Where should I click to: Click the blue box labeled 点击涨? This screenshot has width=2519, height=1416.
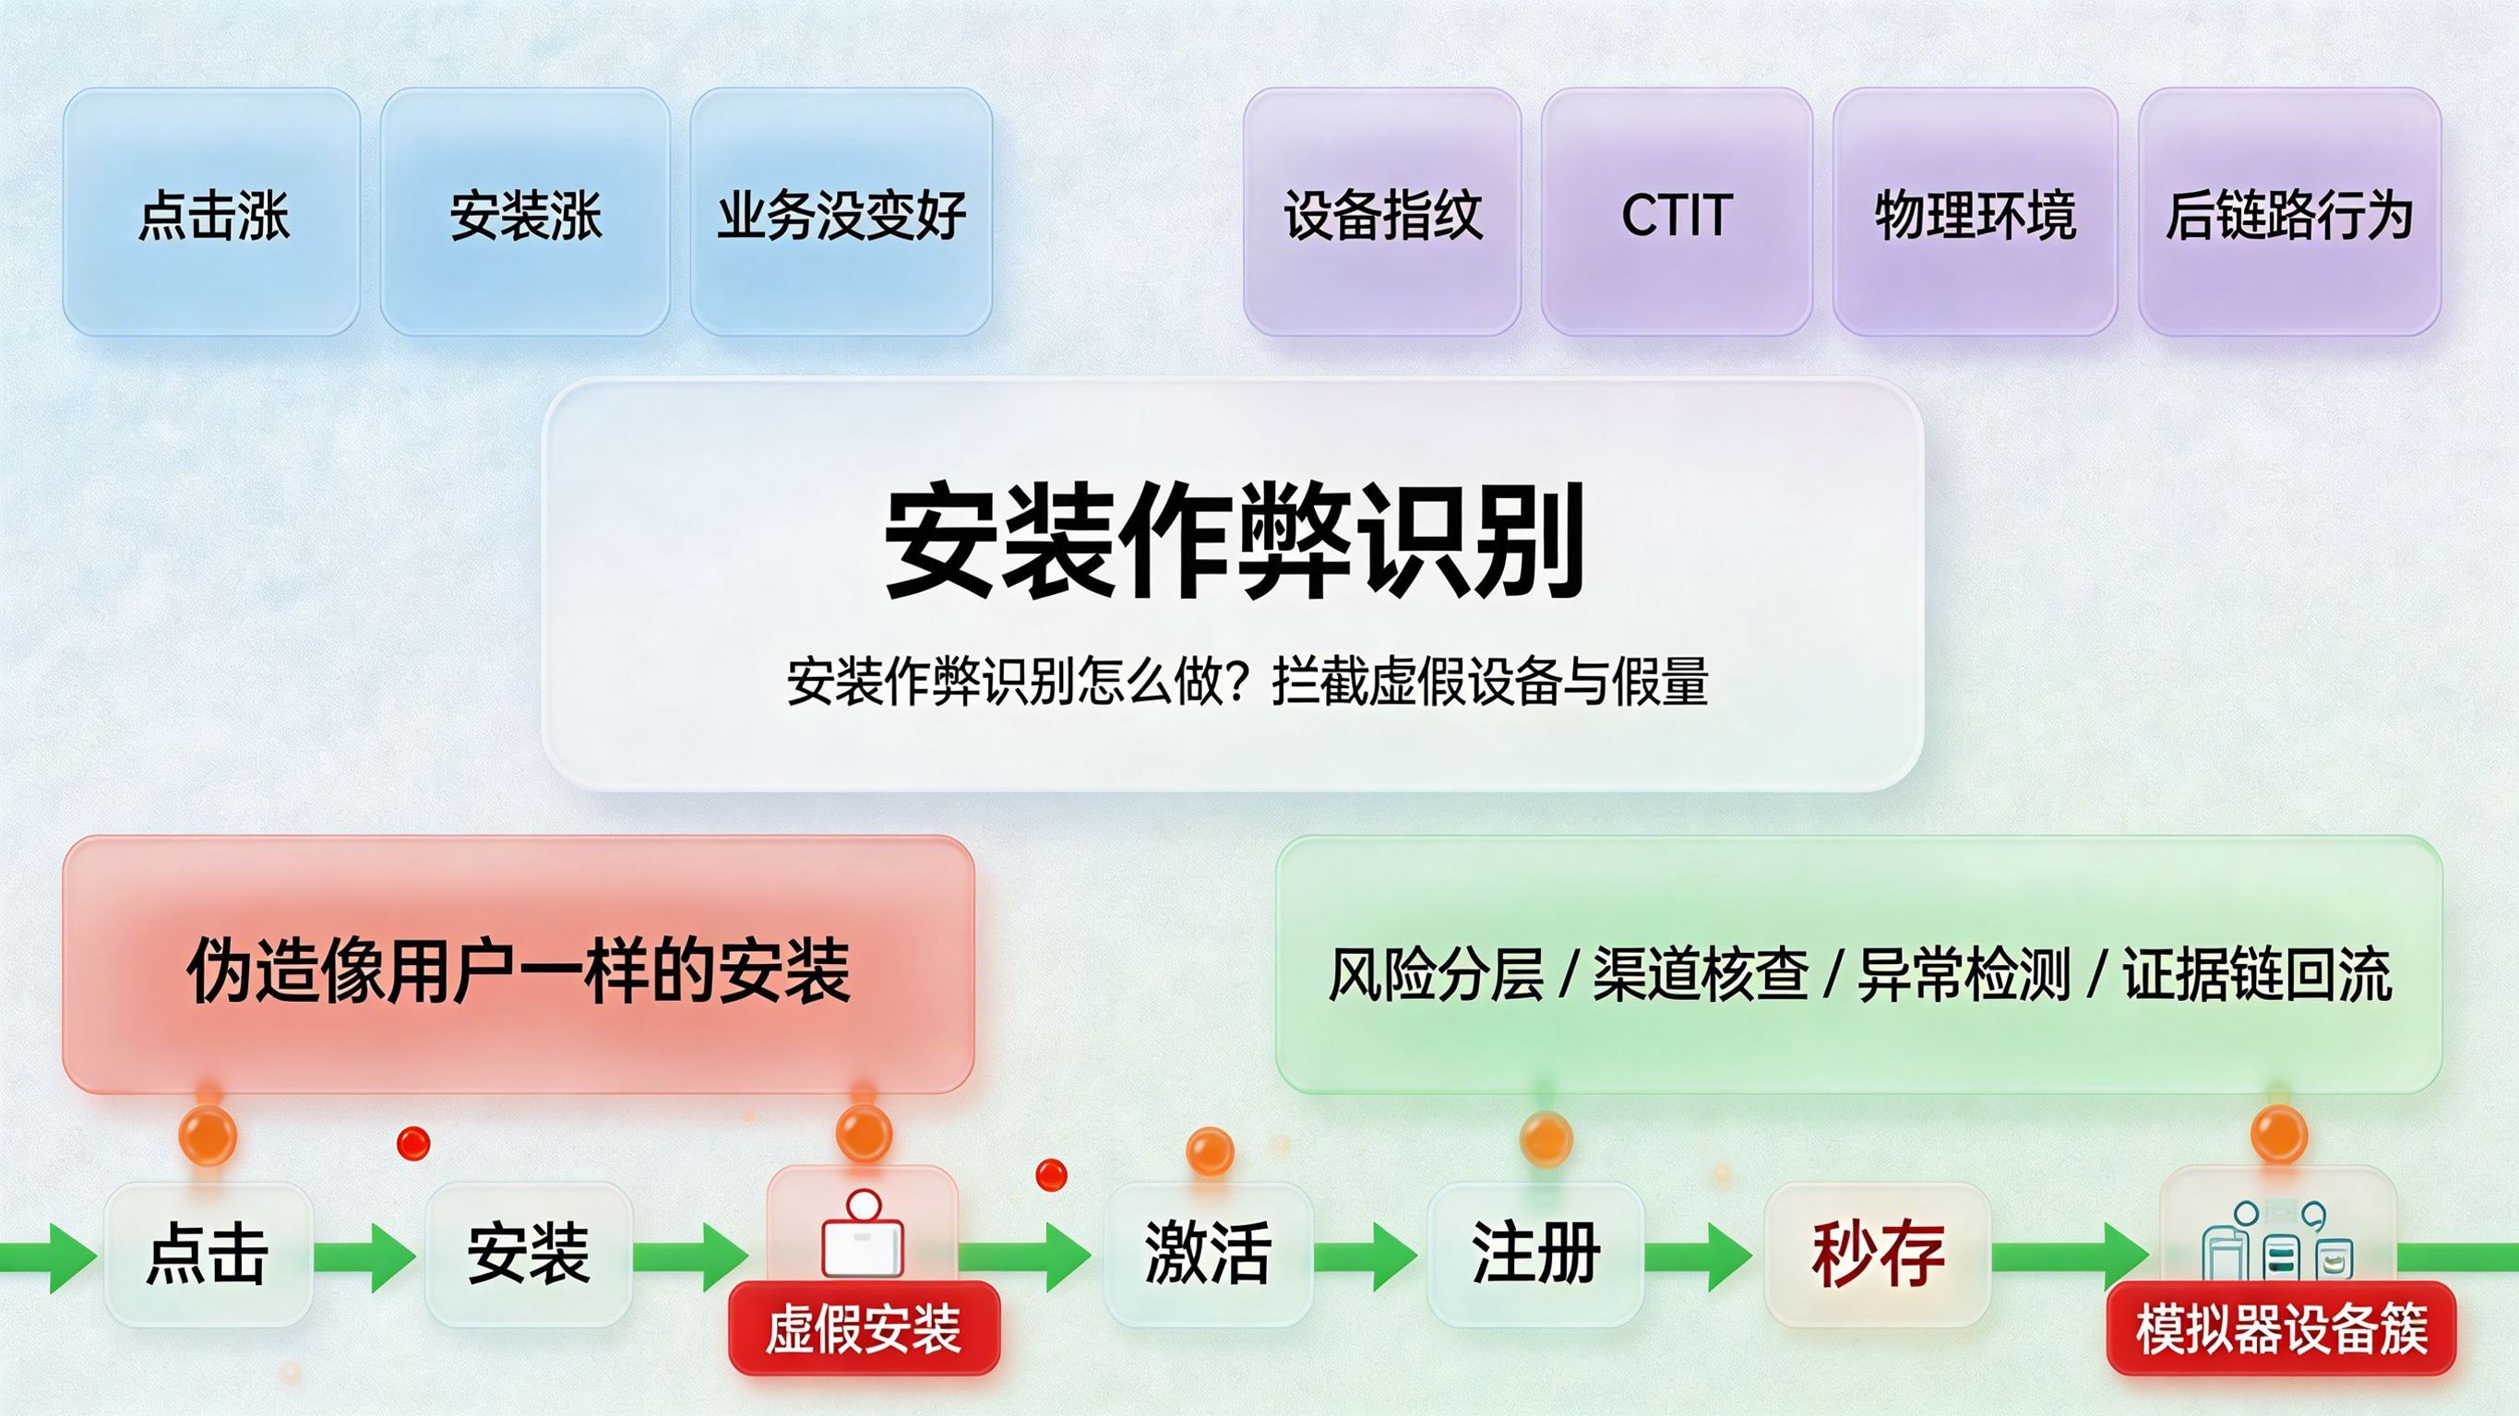[x=211, y=212]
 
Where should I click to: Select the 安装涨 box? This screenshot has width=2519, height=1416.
[x=525, y=212]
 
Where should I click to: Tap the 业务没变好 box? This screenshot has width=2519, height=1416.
[x=841, y=212]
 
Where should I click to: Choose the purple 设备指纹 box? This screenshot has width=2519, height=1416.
[x=1381, y=212]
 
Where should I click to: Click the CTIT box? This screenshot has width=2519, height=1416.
[x=1676, y=212]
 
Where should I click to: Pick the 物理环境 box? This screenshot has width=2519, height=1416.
[x=1975, y=212]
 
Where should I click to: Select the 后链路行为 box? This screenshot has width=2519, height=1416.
[x=2289, y=212]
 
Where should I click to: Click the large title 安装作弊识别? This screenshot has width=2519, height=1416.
[x=1233, y=541]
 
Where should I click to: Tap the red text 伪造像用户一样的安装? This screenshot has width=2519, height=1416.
[x=519, y=970]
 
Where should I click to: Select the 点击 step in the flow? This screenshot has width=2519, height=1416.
[x=208, y=1254]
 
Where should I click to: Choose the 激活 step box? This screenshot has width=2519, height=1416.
[x=1208, y=1254]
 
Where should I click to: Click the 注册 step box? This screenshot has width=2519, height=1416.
[x=1535, y=1254]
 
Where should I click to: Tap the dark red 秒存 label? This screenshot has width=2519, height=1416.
[x=1878, y=1254]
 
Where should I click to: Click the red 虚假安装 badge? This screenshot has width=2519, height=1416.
[x=864, y=1329]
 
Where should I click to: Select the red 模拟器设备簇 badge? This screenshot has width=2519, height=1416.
[x=2280, y=1329]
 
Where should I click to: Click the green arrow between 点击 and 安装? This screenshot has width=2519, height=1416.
[x=366, y=1255]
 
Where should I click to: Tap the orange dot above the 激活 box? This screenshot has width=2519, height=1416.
[x=1209, y=1150]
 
